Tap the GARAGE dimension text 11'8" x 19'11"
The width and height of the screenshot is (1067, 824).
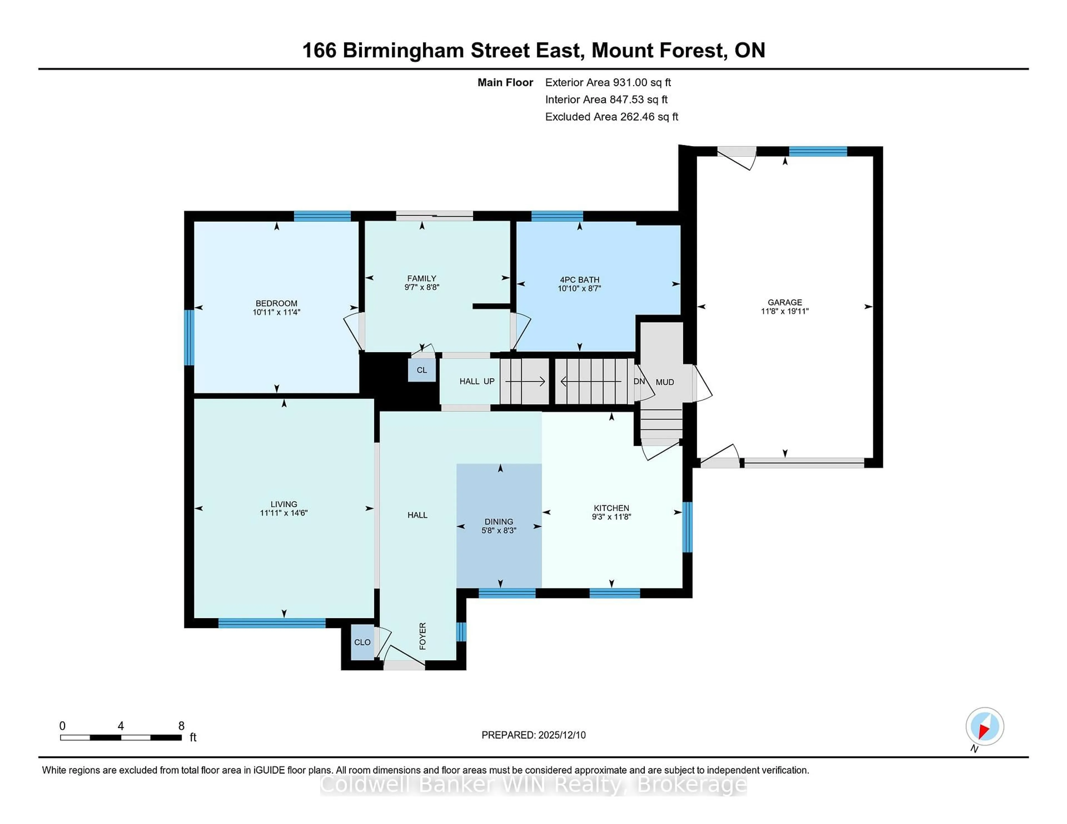click(785, 311)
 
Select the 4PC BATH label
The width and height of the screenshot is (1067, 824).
click(579, 280)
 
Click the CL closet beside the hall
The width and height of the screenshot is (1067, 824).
click(422, 370)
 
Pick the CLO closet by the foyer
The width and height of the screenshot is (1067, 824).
click(362, 642)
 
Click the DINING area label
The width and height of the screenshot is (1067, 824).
click(499, 521)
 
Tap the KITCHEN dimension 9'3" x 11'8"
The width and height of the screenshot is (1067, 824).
click(611, 516)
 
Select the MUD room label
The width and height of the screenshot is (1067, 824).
click(664, 382)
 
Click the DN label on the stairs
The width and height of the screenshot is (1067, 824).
click(639, 381)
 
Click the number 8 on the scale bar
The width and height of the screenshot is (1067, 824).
click(181, 726)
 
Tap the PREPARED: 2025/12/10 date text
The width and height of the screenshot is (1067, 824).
click(533, 735)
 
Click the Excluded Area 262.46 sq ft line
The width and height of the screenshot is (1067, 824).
click(611, 117)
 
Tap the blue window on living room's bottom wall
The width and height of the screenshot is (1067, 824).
click(272, 623)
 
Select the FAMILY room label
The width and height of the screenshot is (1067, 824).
click(422, 278)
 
